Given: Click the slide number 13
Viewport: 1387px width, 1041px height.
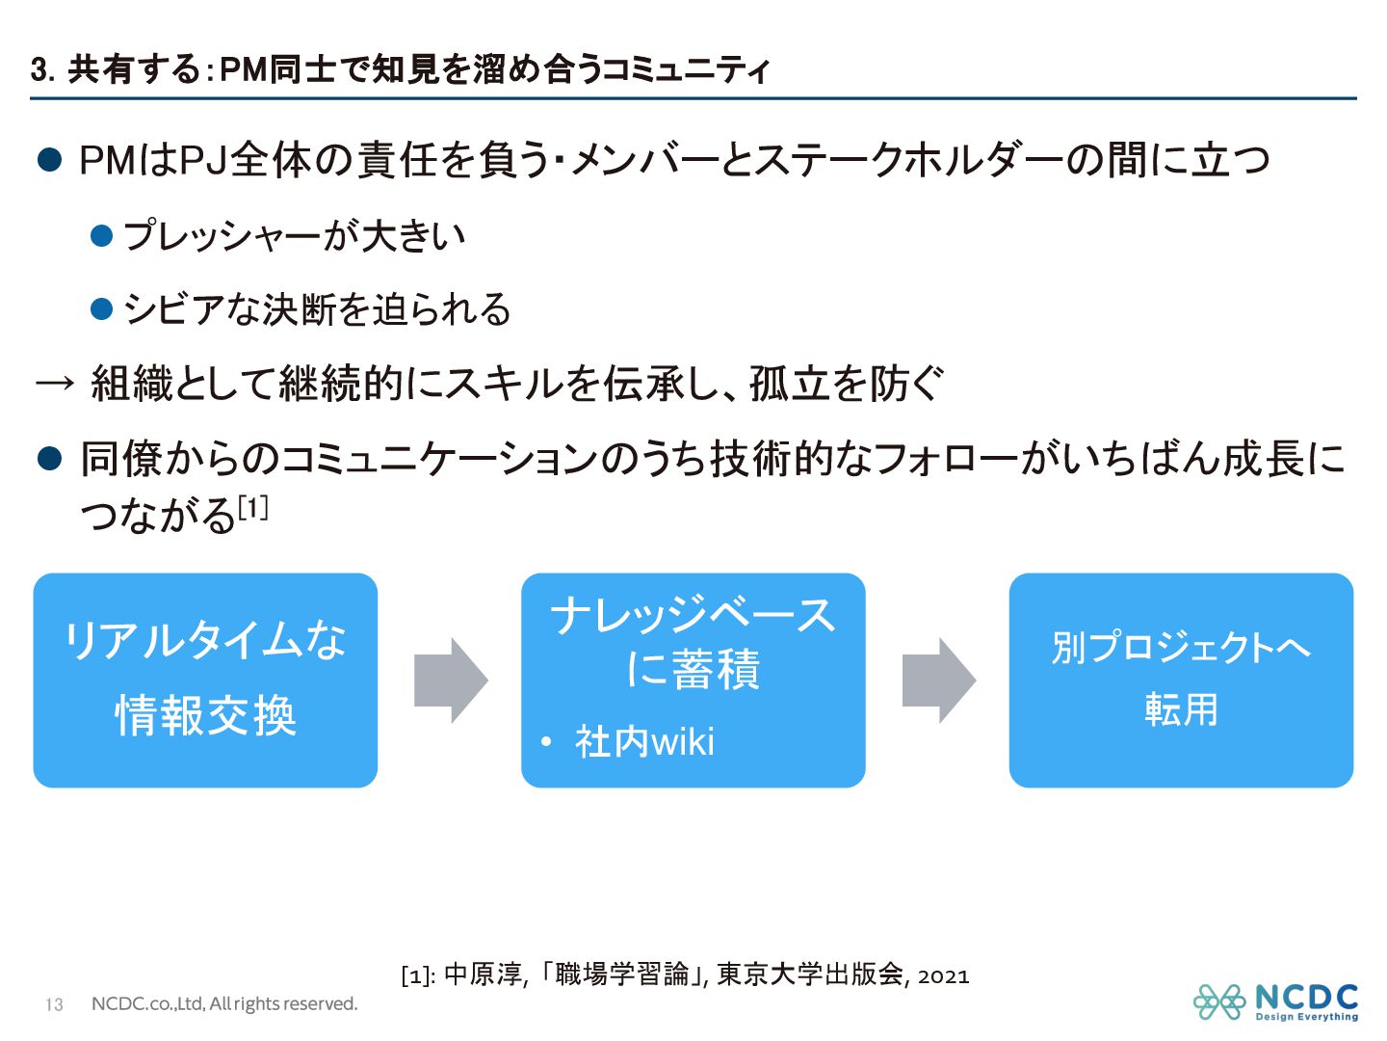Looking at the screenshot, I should [54, 1004].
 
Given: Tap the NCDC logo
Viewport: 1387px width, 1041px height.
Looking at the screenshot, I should [1275, 1001].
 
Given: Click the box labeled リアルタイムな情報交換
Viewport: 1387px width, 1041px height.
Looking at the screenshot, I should [205, 681].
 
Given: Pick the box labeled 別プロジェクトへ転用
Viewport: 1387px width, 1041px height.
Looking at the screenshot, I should [1181, 681].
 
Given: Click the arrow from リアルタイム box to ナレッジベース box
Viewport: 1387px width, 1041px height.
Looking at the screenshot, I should [450, 681].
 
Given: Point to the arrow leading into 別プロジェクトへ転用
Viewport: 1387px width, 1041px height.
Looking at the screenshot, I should [938, 681].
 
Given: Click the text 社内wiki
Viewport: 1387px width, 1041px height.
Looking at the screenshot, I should [644, 742].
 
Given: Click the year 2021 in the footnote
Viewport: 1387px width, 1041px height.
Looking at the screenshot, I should [943, 975].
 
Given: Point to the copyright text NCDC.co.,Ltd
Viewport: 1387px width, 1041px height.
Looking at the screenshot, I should [223, 1004].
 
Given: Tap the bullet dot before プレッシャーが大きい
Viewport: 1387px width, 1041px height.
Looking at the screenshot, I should [101, 236].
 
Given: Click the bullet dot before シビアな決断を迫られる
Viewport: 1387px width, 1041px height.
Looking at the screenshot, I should [101, 309].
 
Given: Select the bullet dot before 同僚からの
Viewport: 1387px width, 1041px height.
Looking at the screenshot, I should [49, 458].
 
